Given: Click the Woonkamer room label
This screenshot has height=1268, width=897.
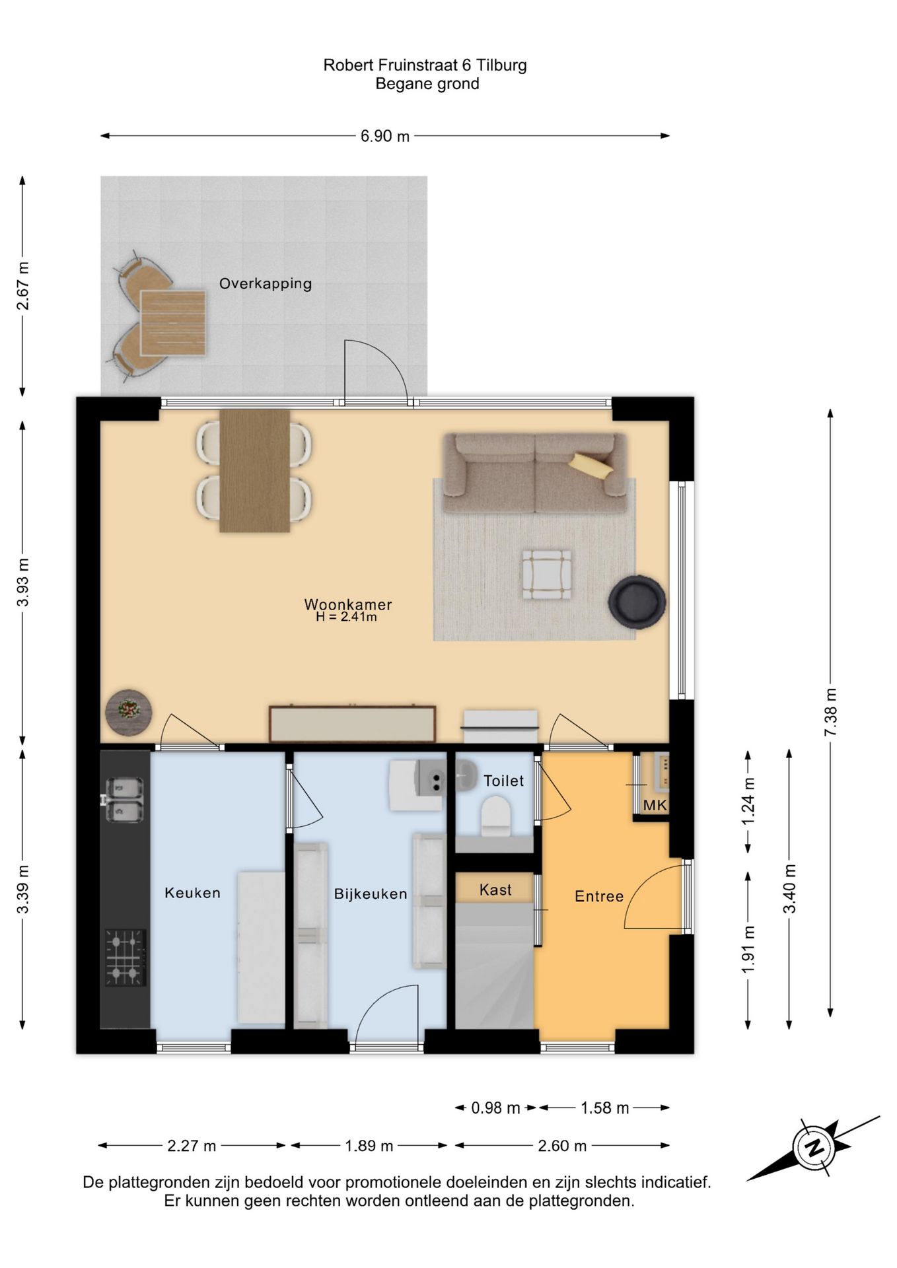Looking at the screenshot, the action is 348,604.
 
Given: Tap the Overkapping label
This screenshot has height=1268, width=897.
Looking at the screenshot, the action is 266,283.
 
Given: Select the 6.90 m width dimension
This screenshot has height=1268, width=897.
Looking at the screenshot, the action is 385,136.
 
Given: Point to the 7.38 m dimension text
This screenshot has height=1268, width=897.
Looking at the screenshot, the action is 830,712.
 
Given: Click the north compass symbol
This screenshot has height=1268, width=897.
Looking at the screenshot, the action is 814,1147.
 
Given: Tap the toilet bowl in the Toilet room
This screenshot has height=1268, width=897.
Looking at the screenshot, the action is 495,814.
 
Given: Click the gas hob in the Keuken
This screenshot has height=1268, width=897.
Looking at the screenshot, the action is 126,958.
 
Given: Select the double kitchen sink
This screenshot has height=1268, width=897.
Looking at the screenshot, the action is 125,800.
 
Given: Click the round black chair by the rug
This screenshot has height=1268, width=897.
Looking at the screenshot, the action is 637,601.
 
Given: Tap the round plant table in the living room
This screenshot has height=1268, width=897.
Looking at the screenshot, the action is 129,712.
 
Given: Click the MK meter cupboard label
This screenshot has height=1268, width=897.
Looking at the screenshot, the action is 655,805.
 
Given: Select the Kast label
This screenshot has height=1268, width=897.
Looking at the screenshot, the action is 495,890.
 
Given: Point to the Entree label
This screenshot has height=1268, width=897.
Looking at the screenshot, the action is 599,896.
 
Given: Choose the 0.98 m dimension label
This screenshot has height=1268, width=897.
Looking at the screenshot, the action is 495,1108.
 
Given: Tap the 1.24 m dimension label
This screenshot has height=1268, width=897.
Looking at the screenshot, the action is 748,801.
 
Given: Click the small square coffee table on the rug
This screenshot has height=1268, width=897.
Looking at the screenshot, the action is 547,575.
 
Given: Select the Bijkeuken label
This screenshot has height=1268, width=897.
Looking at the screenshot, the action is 371,894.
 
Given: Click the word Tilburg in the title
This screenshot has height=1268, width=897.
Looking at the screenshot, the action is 501,65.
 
